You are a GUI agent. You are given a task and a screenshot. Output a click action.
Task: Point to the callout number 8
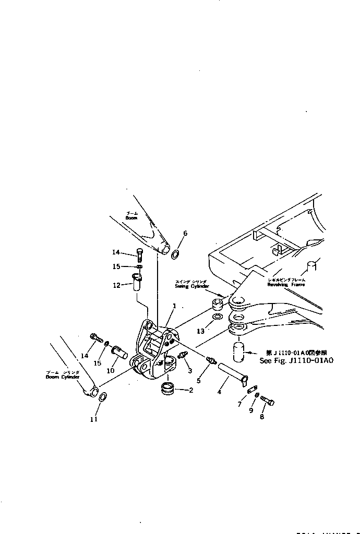[262, 417]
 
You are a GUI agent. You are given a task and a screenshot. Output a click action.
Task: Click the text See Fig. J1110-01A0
[296, 360]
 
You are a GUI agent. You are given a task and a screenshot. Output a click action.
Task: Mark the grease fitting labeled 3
[184, 356]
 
